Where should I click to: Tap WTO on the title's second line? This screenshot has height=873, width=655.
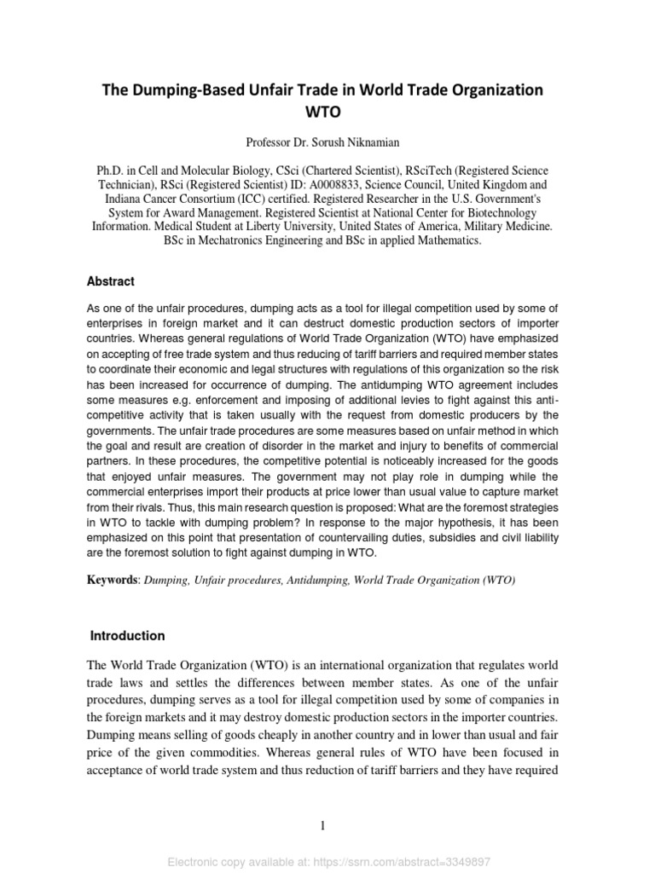[x=327, y=111]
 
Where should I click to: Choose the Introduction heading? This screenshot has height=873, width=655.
[x=128, y=635]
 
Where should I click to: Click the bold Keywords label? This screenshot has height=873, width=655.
[x=113, y=580]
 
